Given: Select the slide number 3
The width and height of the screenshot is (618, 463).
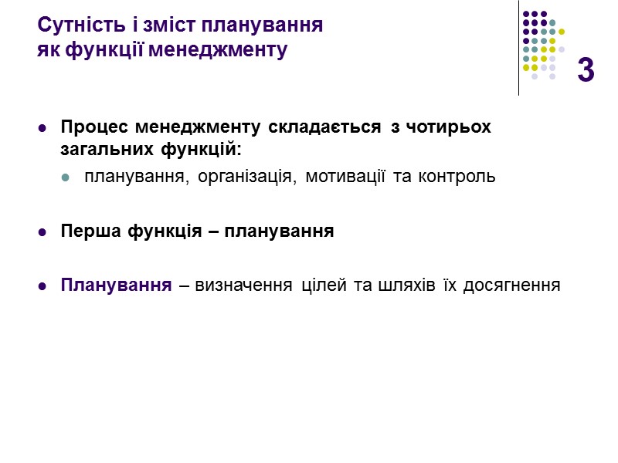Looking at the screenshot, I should point(586,70).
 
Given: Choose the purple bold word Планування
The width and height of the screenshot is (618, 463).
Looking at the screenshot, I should point(116,285).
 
